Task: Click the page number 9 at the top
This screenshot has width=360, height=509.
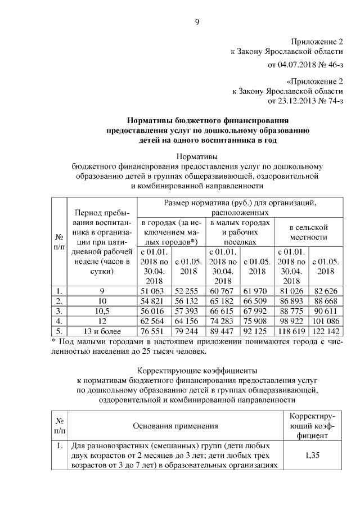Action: (197, 22)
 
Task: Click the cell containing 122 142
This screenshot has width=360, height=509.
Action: (326, 331)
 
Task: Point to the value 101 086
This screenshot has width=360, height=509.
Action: (326, 321)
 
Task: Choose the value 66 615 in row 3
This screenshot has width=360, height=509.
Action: (223, 311)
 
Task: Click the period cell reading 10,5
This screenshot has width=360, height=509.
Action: (102, 311)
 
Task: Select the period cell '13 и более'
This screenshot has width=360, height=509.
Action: (102, 331)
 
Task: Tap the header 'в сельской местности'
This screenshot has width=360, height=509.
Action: (309, 232)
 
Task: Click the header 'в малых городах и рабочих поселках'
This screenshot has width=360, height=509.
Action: (240, 232)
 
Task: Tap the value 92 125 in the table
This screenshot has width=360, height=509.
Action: (257, 331)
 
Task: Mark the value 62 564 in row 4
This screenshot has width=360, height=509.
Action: (155, 321)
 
